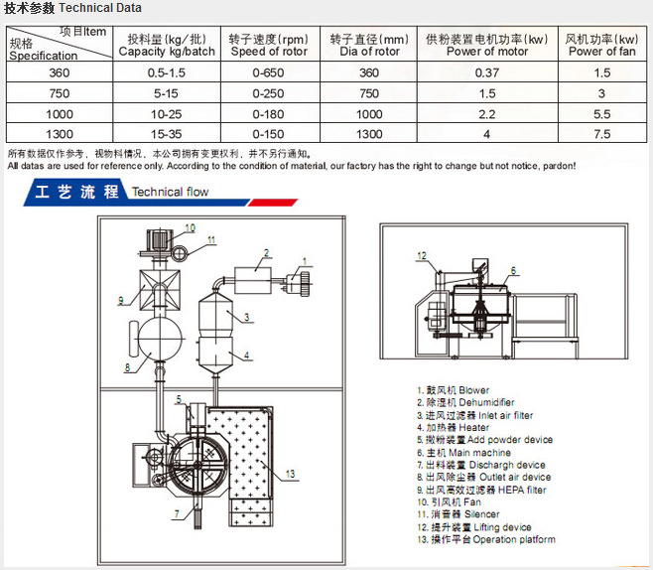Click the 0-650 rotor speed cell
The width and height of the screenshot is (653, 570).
pos(268,72)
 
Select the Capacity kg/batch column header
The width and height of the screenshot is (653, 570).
pos(167,45)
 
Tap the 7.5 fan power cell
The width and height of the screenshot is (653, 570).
pos(602,134)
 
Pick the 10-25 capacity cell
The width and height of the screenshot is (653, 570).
pos(166,114)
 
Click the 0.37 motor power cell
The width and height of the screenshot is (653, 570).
pos(487,72)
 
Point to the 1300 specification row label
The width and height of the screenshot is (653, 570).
pos(60,134)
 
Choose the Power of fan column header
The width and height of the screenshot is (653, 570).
pos(602,45)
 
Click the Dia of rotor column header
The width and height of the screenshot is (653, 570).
pos(369,45)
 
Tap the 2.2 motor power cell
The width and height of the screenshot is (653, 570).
pos(487,114)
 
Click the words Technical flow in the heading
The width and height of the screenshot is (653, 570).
pos(170,192)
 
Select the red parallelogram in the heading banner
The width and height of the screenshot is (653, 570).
pos(273,203)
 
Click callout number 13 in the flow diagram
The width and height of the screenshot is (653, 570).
pos(290,474)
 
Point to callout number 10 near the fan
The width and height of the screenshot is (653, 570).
pos(190,228)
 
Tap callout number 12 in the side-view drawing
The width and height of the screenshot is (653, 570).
pos(422,255)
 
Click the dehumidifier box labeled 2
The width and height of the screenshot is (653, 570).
pos(253,281)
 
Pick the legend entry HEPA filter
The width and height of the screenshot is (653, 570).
pos(481,490)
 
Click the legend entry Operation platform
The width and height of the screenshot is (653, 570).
pos(486,539)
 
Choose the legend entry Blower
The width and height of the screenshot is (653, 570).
pos(454,390)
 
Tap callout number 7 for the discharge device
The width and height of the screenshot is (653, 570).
pos(177,513)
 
